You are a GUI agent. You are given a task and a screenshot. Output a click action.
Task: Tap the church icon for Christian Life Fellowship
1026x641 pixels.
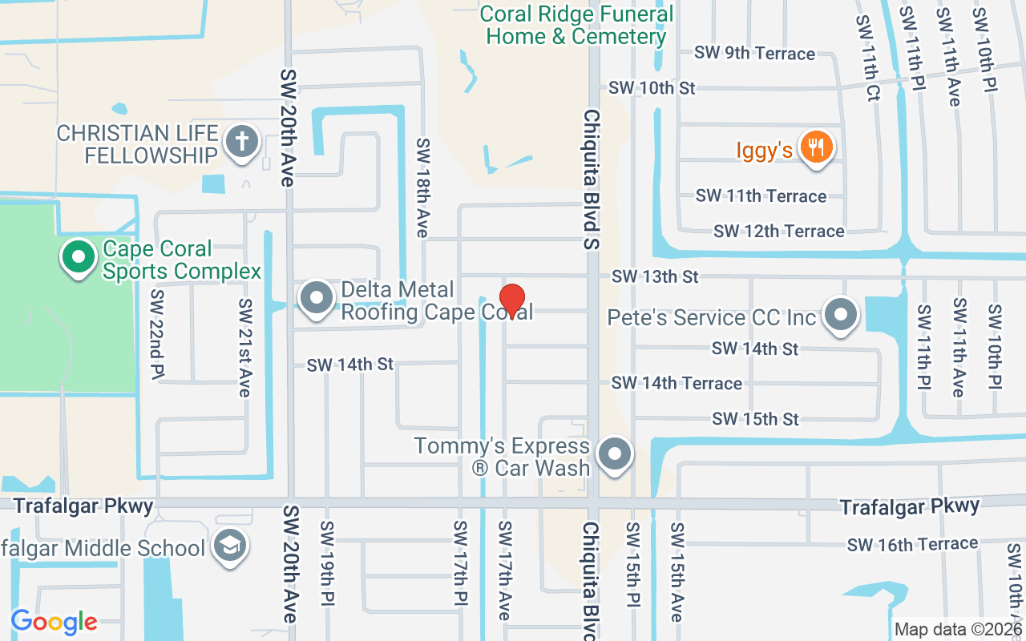pos(243,143)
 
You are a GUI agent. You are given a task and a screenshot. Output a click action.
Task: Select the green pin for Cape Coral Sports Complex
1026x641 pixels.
pos(79,258)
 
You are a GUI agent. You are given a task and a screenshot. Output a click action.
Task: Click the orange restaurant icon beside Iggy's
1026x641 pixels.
pos(816,147)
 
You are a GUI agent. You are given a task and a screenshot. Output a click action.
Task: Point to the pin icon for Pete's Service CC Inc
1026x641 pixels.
pos(841,316)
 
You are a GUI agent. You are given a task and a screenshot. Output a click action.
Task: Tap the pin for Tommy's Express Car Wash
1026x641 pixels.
pos(615,455)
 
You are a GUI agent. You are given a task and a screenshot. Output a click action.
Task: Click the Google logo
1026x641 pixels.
pos(55,622)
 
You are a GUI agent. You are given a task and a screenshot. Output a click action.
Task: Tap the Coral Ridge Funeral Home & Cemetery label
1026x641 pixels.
pos(576,26)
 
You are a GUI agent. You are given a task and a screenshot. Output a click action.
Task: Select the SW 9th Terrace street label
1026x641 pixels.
pos(754,54)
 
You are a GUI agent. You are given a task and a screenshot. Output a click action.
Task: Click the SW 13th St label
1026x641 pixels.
pos(655,276)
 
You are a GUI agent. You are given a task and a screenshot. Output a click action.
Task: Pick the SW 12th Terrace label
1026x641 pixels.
pos(778,232)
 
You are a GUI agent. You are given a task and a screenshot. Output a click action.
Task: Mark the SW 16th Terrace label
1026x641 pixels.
pos(912,545)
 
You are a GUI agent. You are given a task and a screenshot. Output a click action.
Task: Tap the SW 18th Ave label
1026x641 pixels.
pos(422,187)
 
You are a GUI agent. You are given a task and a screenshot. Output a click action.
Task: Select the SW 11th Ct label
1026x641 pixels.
pos(868,58)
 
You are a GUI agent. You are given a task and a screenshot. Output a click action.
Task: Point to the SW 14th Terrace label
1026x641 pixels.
pos(677,383)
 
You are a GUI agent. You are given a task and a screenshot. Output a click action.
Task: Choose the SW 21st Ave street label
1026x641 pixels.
pos(245,348)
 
